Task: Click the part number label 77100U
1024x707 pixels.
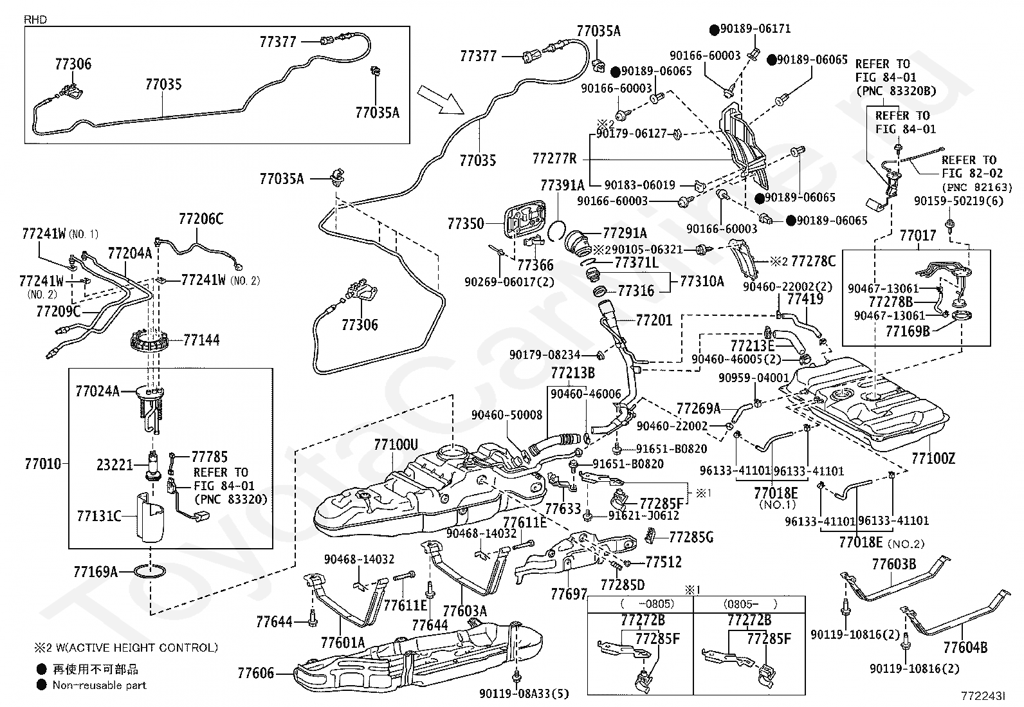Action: pos(396,444)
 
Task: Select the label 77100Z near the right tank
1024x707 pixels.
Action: pos(933,459)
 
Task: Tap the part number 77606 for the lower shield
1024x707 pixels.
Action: pos(255,674)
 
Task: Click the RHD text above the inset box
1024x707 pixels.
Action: pos(35,20)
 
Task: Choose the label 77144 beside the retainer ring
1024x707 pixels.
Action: pos(201,340)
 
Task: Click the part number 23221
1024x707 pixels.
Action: pos(114,464)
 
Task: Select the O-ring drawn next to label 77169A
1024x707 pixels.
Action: pos(151,571)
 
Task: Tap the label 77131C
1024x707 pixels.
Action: pos(98,516)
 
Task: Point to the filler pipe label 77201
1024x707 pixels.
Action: pos(654,320)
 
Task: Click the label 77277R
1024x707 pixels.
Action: pos(554,158)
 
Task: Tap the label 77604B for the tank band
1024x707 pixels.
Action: pos(965,647)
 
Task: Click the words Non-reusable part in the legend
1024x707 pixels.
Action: pos(99,686)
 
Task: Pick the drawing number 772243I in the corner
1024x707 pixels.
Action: pos(982,696)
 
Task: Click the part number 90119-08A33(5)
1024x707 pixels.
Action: pos(524,693)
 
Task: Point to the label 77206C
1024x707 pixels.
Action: pos(201,219)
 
